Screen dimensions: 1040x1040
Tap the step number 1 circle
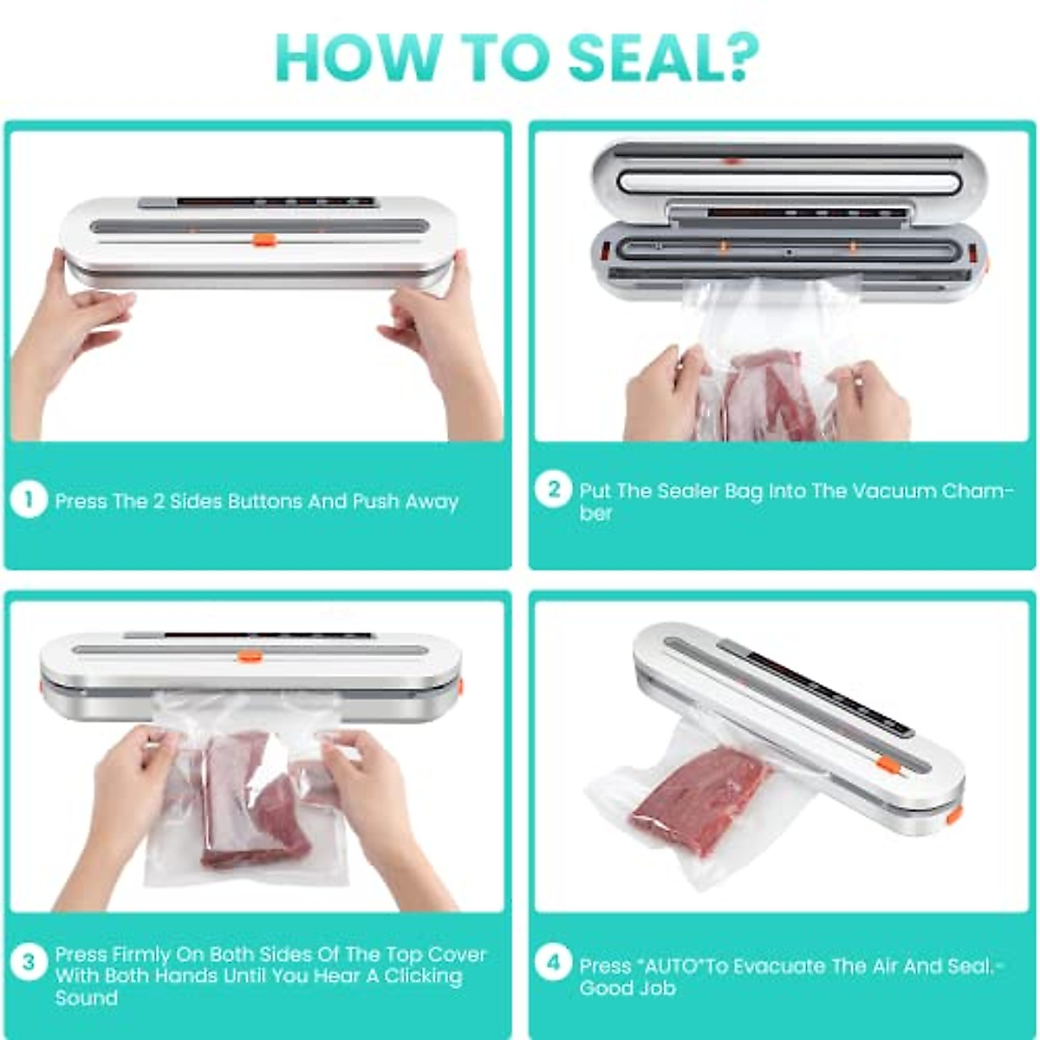coord(29,500)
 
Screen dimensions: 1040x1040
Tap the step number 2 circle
coord(554,490)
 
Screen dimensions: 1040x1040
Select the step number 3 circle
coord(29,962)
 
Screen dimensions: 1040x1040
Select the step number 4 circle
coord(554,963)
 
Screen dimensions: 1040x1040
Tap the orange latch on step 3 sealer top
coord(250,656)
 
